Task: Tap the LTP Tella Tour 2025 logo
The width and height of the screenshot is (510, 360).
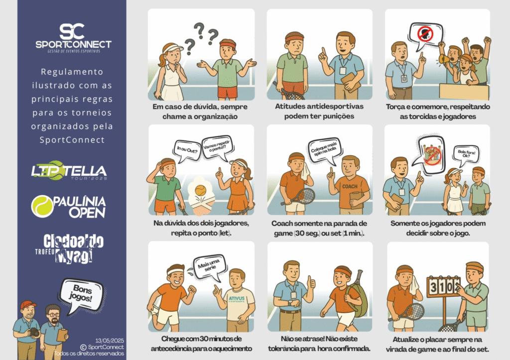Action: click(x=69, y=170)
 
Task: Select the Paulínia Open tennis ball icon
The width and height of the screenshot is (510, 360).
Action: click(x=42, y=206)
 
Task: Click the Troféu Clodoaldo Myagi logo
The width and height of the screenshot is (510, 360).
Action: click(x=70, y=248)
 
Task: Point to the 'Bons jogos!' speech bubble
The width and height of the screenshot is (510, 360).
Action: click(x=81, y=295)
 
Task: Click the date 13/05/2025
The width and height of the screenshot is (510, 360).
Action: click(x=110, y=341)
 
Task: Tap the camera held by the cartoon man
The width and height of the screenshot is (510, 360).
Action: click(x=33, y=332)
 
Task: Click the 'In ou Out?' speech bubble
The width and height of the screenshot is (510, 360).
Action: click(x=187, y=150)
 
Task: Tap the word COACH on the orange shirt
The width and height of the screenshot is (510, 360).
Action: click(x=350, y=186)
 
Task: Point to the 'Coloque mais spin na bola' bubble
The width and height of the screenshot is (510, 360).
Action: click(x=324, y=150)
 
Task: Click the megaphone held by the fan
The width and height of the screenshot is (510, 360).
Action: click(x=443, y=59)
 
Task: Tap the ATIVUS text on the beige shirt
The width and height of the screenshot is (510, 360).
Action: click(x=237, y=299)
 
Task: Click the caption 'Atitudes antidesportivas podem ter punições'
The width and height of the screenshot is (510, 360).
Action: click(x=319, y=111)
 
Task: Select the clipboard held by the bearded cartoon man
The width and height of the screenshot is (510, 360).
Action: click(x=62, y=335)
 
